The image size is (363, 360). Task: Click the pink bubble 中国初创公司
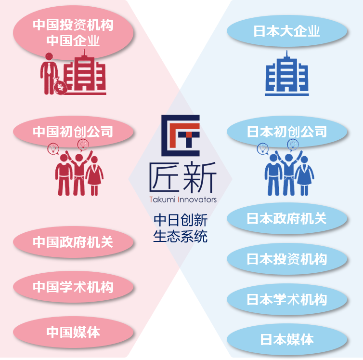point(73,132)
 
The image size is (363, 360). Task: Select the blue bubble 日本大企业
point(287,31)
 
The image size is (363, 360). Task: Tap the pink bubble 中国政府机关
point(73,242)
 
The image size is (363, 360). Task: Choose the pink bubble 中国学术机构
point(73,287)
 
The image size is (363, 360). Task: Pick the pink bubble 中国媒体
point(73,332)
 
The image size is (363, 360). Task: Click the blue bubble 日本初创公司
point(287,132)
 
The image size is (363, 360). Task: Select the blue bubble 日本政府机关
point(287,218)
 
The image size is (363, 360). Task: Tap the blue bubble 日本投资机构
point(287,259)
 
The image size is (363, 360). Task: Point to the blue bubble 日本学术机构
point(287,299)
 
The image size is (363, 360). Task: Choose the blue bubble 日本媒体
point(287,339)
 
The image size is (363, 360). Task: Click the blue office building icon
point(287,73)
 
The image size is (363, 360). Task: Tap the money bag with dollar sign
point(60,87)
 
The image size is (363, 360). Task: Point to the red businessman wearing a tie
point(49,74)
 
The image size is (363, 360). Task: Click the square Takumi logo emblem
point(181,135)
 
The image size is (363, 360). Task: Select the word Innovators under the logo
point(197,200)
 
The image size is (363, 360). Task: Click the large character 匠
point(164,177)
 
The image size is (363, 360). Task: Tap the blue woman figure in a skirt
point(304,176)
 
